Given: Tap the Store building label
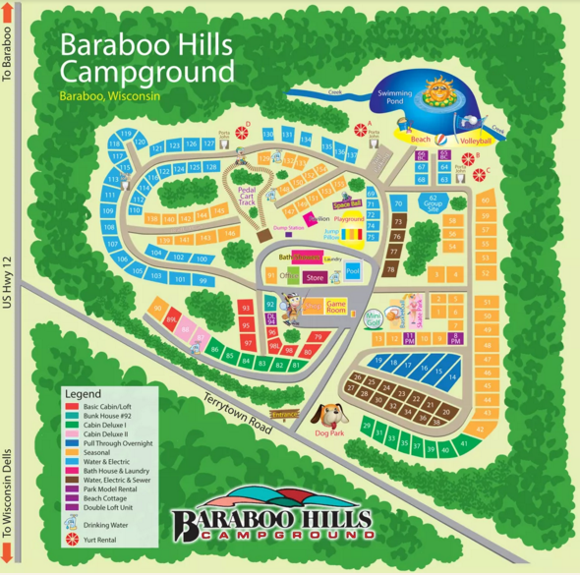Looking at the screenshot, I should pos(315,278).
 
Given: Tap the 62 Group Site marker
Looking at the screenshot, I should pos(431,202).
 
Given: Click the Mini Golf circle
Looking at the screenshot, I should pos(373,318).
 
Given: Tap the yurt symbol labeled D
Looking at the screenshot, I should pos(241,133).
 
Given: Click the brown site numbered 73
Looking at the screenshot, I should pos(398,222).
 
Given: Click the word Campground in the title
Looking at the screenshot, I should pos(146,73).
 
